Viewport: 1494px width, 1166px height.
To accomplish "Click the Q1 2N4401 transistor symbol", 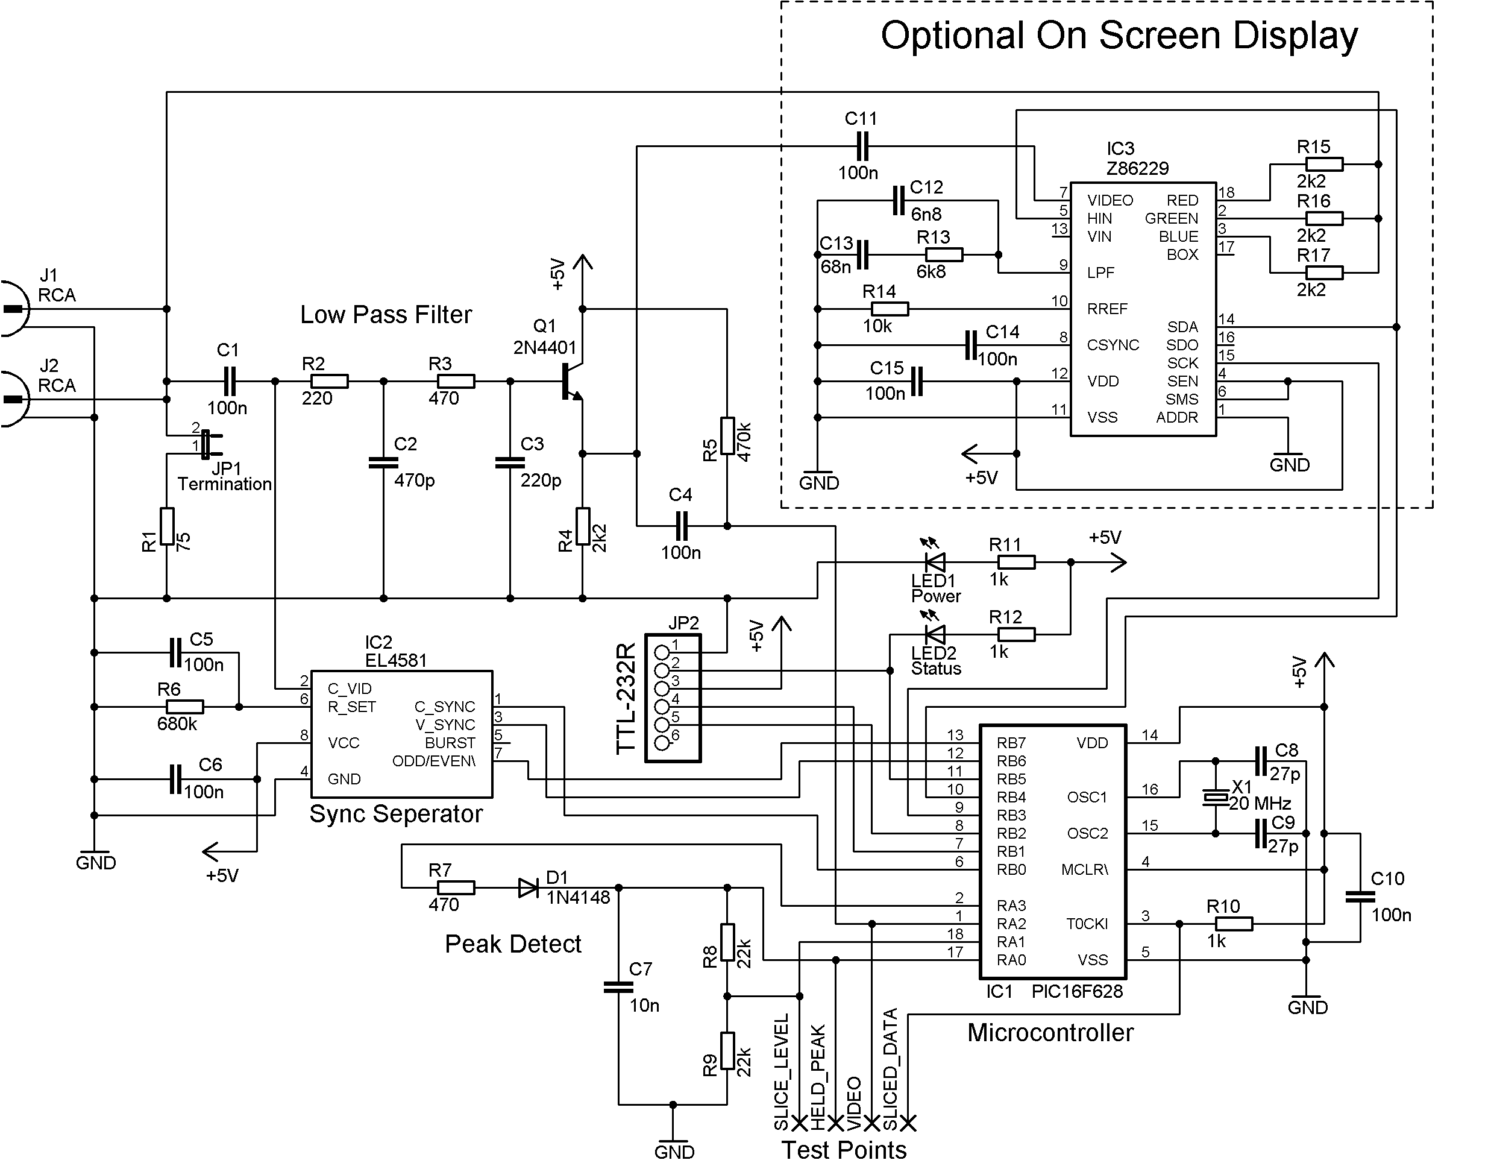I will [x=571, y=382].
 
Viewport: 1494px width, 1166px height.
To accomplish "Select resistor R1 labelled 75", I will [x=167, y=526].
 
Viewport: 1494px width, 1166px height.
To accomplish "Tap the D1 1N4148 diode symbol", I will [x=529, y=888].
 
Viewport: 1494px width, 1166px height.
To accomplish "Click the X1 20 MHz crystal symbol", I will [x=1216, y=797].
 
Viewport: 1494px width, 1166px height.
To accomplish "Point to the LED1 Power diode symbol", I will [x=935, y=563].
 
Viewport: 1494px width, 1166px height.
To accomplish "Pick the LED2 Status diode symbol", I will [x=935, y=634].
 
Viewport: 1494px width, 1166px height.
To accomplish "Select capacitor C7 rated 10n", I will [x=619, y=987].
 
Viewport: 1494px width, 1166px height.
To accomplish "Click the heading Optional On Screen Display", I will [x=1119, y=36].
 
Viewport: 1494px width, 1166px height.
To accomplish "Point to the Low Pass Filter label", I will [x=386, y=315].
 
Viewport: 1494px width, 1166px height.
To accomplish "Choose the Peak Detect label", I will [x=512, y=944].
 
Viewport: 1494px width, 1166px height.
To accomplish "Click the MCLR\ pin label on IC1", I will [x=1084, y=870].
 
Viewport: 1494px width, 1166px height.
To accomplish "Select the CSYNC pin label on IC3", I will [x=1113, y=345].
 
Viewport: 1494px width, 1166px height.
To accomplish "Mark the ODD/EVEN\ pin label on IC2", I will [x=433, y=761].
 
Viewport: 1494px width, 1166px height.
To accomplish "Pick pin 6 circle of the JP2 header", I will [x=662, y=743].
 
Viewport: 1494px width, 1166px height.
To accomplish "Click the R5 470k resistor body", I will [x=727, y=436].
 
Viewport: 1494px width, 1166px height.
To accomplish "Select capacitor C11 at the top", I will [x=862, y=146].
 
